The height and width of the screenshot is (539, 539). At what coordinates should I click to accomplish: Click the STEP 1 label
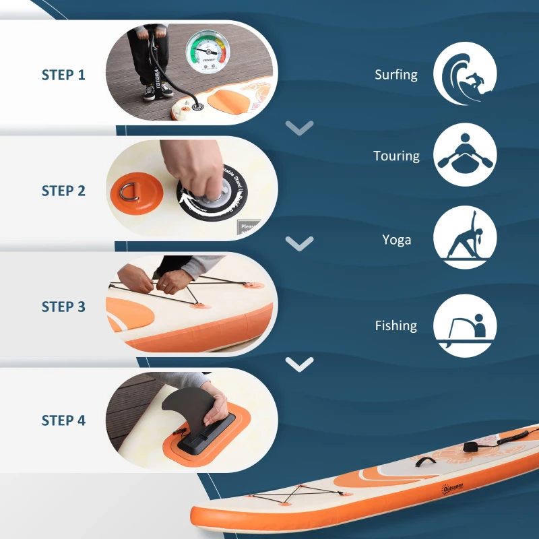pos(63,75)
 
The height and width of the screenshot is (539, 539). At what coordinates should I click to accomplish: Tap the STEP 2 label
pos(63,191)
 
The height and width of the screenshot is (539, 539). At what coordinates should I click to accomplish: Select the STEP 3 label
pos(63,307)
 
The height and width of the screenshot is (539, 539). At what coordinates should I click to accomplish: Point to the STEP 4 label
pos(63,420)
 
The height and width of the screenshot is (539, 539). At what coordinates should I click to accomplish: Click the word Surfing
pos(396,75)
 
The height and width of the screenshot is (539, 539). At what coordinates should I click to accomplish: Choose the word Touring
pos(396,156)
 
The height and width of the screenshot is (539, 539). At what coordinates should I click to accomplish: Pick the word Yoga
pos(396,240)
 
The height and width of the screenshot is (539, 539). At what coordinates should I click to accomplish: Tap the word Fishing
pos(396,326)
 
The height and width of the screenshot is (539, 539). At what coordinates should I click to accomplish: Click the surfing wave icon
pos(465,73)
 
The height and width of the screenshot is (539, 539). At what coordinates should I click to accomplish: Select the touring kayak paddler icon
pos(465,155)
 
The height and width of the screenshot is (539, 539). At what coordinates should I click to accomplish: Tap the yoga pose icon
pos(465,238)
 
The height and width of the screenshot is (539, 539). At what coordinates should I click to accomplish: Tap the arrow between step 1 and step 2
pos(299,127)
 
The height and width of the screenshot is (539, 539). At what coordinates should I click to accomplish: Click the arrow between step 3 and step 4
pos(299,364)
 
